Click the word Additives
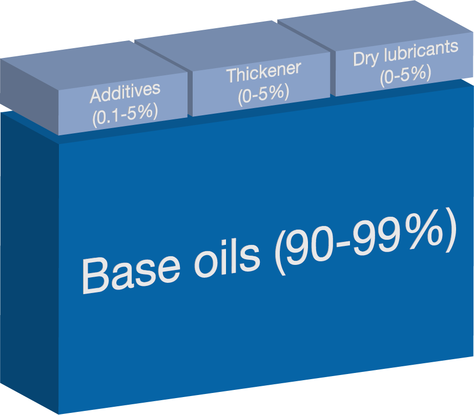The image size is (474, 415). (125, 92)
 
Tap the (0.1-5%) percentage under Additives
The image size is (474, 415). (125, 115)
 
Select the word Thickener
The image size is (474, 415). (264, 72)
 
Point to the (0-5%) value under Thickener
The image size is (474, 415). (263, 94)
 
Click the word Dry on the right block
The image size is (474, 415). (365, 58)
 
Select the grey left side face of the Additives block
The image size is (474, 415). (29, 97)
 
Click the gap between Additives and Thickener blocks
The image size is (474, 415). (190, 93)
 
